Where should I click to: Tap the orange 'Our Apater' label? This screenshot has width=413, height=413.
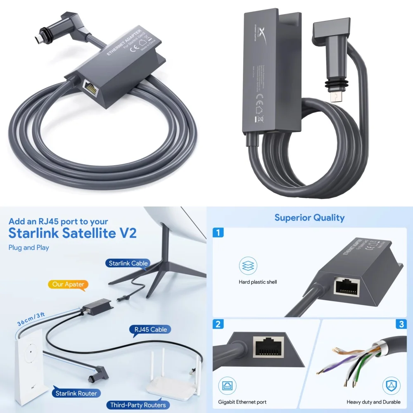coord(69,285)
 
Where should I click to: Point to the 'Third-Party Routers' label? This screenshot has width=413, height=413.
coord(138,405)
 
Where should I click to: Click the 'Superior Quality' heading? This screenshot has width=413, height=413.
coord(309,218)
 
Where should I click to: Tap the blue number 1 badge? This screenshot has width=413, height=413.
coord(218,233)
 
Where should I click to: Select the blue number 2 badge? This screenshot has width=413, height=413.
coord(218,324)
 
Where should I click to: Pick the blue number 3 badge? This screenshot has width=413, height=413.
coord(401,324)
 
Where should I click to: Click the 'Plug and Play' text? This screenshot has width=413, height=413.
coord(28,248)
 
